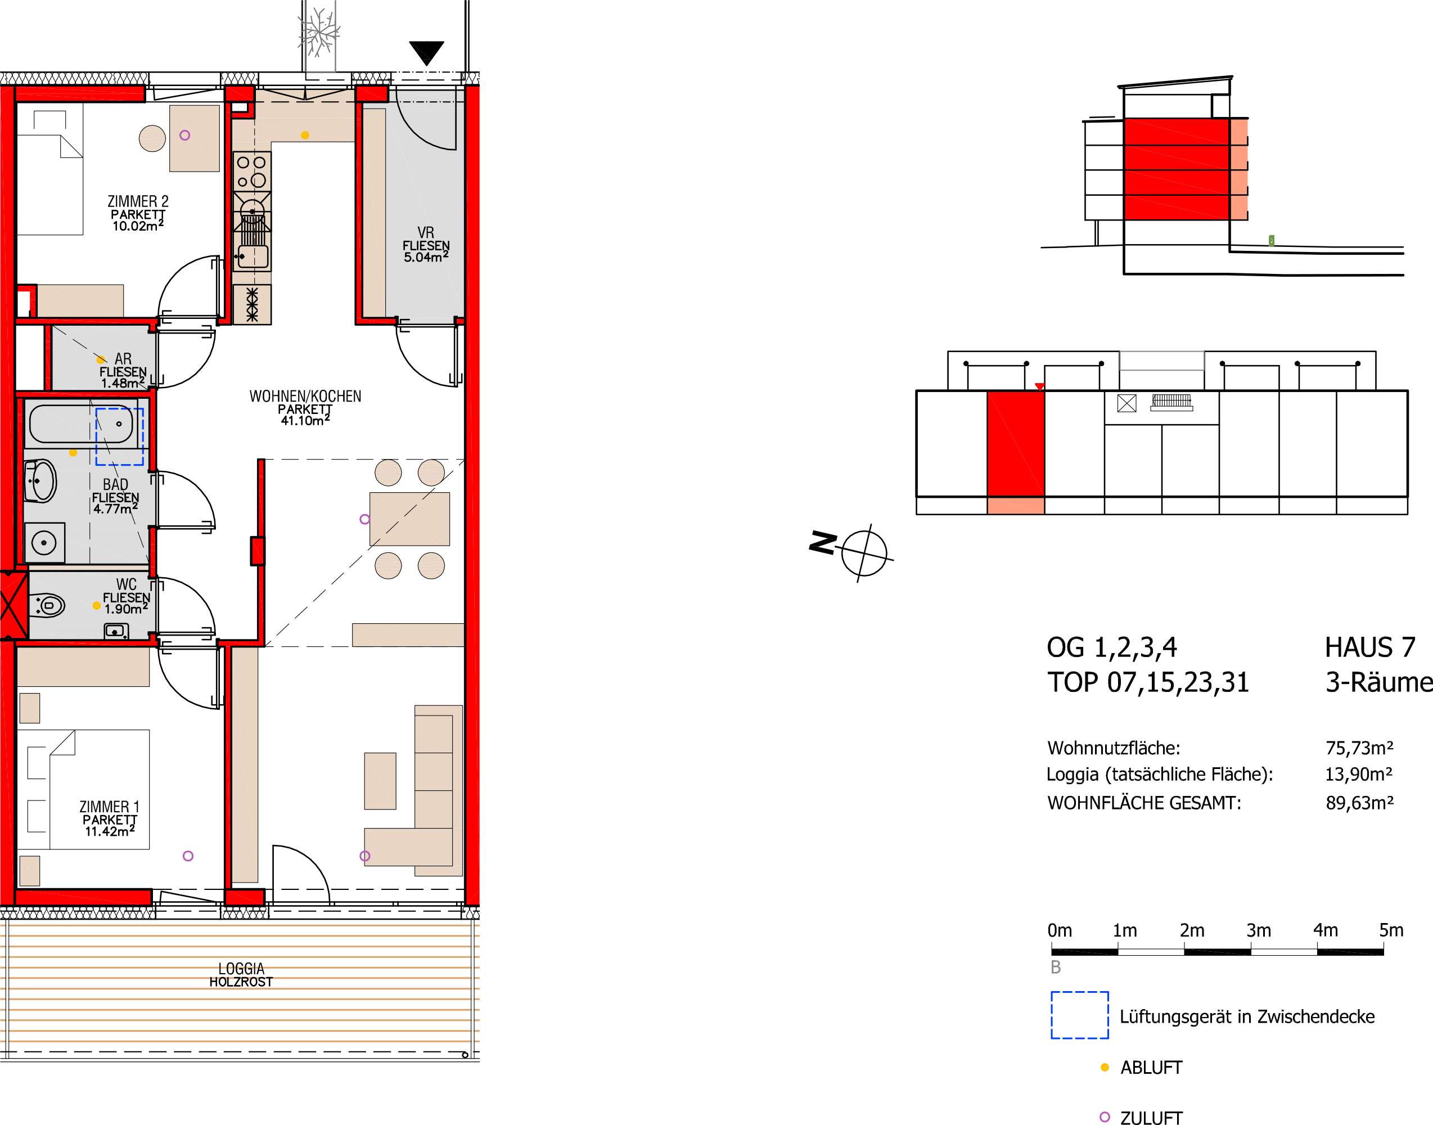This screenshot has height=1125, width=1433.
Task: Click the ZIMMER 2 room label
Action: (x=138, y=201)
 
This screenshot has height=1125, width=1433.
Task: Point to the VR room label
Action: (x=426, y=232)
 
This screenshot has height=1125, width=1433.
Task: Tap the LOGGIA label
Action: (x=241, y=968)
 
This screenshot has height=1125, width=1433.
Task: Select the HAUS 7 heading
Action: (x=1370, y=647)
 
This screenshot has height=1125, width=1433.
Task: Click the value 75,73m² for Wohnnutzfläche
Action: (x=1359, y=748)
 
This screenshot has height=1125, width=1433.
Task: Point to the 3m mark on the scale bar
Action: (x=1259, y=930)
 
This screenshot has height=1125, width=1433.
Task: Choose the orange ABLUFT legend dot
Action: (x=1105, y=1067)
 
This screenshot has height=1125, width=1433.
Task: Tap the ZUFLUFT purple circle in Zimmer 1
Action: (x=188, y=856)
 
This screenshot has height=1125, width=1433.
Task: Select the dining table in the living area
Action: (x=409, y=519)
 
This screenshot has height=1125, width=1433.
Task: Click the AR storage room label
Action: (x=123, y=358)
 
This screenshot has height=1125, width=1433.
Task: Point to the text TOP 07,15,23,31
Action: (x=1148, y=682)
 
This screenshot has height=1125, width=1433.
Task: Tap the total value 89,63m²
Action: (x=1359, y=803)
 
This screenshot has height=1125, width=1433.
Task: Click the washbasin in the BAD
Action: (x=40, y=481)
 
